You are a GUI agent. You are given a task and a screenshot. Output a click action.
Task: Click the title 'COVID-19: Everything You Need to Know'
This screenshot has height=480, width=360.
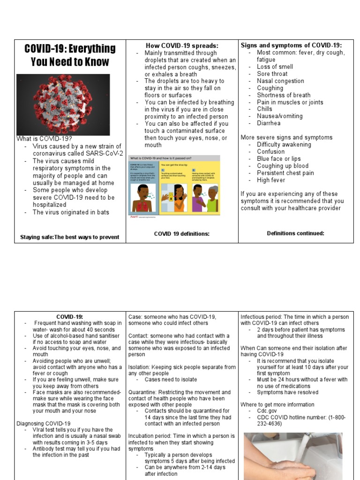[70, 55]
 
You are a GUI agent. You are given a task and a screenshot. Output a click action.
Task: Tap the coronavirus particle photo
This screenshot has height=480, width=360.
[63, 104]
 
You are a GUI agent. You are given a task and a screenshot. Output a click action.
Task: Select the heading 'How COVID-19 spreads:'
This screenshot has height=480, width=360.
[182, 45]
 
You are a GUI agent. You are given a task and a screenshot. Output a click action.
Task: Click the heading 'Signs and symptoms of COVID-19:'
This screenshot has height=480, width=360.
[291, 45]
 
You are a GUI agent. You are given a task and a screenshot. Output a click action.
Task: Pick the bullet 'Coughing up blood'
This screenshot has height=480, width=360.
[283, 165]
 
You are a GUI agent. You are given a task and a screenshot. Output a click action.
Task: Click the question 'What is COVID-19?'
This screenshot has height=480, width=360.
[45, 139]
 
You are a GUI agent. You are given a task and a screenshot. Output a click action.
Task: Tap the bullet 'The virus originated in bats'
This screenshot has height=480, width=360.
[71, 212]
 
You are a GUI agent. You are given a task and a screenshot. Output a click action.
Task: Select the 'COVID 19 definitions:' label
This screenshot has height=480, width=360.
[182, 233]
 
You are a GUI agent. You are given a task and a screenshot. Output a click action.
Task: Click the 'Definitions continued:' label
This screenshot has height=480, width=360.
[295, 233]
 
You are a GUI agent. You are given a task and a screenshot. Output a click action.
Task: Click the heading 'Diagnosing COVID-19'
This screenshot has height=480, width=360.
[44, 423]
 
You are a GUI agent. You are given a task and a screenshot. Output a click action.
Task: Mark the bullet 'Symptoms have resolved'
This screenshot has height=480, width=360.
[287, 392]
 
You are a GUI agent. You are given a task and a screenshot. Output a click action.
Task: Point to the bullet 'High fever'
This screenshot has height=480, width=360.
[270, 180]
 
